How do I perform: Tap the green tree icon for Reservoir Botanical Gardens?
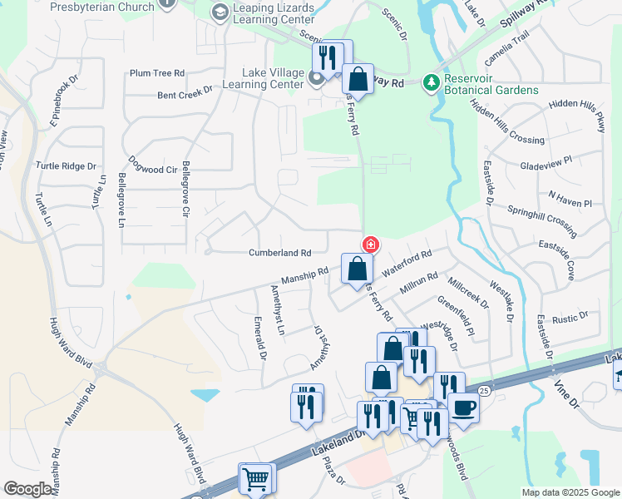[431, 82]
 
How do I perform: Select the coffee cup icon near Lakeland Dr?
[463, 407]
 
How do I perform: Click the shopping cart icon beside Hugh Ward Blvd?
[255, 478]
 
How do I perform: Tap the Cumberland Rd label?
[279, 253]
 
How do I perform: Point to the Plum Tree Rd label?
[156, 73]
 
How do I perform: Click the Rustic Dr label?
[570, 316]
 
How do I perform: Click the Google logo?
[27, 489]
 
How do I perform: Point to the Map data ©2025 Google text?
[570, 492]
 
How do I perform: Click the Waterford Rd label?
[407, 264]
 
